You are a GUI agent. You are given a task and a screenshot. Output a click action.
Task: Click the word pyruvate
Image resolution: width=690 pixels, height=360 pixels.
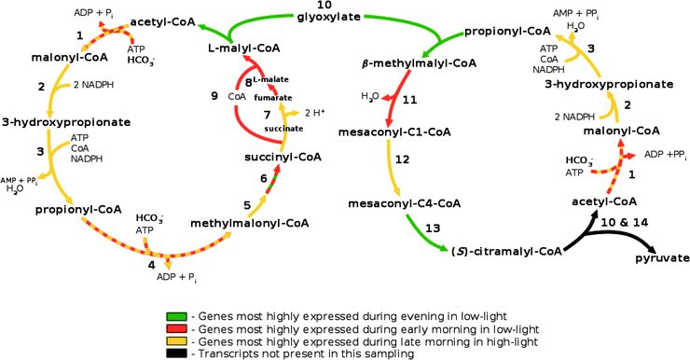(x=663, y=257)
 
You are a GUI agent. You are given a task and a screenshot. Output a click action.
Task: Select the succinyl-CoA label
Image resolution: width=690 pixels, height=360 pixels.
(x=283, y=157)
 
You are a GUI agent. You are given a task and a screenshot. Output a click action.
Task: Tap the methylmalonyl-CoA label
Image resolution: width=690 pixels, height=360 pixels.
(x=249, y=224)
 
